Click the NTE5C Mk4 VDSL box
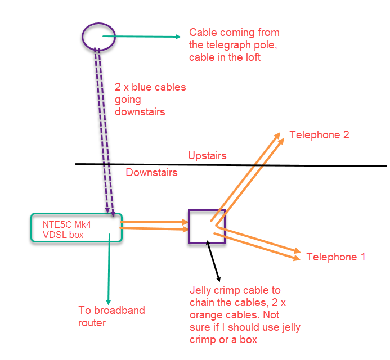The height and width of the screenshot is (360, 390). pos(77,229)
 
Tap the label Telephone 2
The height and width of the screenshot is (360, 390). pos(319,135)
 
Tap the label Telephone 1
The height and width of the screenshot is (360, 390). pos(336,257)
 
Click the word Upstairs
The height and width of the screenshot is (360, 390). pos(207,156)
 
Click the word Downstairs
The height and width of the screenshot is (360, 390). pos(151,173)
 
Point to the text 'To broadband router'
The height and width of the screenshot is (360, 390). pos(111,316)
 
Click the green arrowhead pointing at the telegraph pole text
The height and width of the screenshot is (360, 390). pos(178,37)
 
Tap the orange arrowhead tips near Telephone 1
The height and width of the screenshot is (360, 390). pos(296,255)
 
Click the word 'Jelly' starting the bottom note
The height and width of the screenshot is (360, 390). pos(201,291)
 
